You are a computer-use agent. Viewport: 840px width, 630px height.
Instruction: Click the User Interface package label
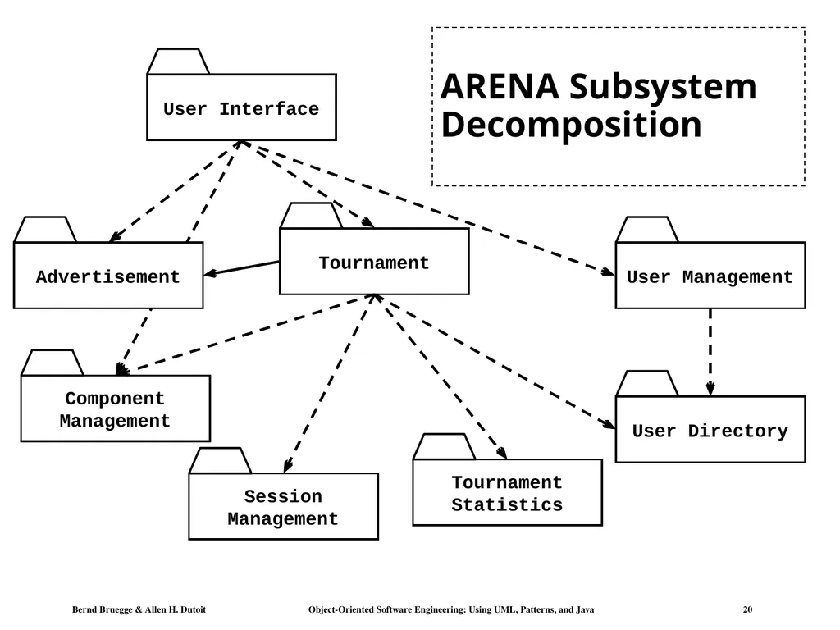[x=241, y=109]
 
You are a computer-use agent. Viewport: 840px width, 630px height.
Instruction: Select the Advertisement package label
[x=107, y=277]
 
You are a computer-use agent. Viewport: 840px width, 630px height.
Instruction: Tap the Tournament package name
[x=374, y=263]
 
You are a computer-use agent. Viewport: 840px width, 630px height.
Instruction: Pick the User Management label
[x=710, y=277]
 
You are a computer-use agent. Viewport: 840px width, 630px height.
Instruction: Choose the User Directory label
[x=710, y=431]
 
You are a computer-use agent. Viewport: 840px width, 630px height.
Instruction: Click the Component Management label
[x=115, y=409]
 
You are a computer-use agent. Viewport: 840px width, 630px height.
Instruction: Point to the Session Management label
[x=283, y=507]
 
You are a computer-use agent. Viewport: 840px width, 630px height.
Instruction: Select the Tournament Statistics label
[x=507, y=493]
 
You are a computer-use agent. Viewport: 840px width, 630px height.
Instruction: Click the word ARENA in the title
[x=500, y=86]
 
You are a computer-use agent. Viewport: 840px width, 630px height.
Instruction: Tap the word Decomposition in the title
[x=571, y=125]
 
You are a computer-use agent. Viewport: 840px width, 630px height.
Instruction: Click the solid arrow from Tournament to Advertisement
[x=242, y=268]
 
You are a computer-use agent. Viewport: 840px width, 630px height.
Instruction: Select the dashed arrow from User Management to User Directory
[x=710, y=352]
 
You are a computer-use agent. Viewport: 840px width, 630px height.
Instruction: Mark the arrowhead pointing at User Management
[x=608, y=272]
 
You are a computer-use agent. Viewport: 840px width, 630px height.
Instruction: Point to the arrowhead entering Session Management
[x=288, y=465]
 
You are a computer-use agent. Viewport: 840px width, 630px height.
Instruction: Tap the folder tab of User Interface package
[x=178, y=62]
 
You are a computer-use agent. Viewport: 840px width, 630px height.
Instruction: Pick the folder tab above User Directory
[x=647, y=384]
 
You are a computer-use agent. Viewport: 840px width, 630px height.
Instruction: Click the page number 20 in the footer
[x=747, y=609]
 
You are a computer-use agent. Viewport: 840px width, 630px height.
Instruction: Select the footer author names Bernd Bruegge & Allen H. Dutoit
[x=139, y=609]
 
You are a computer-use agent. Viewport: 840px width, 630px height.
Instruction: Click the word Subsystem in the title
[x=663, y=87]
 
